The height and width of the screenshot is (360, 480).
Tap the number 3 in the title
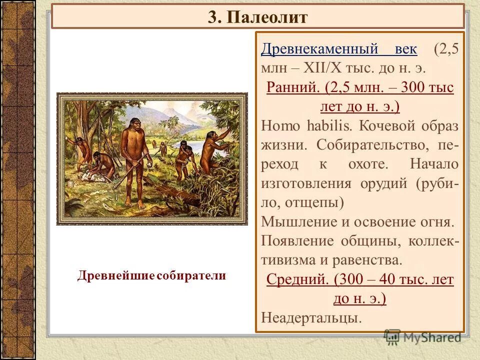(213, 17)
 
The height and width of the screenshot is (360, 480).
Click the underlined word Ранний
(293, 88)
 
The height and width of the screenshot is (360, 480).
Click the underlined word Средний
(296, 279)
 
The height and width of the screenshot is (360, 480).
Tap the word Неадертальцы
(310, 318)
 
